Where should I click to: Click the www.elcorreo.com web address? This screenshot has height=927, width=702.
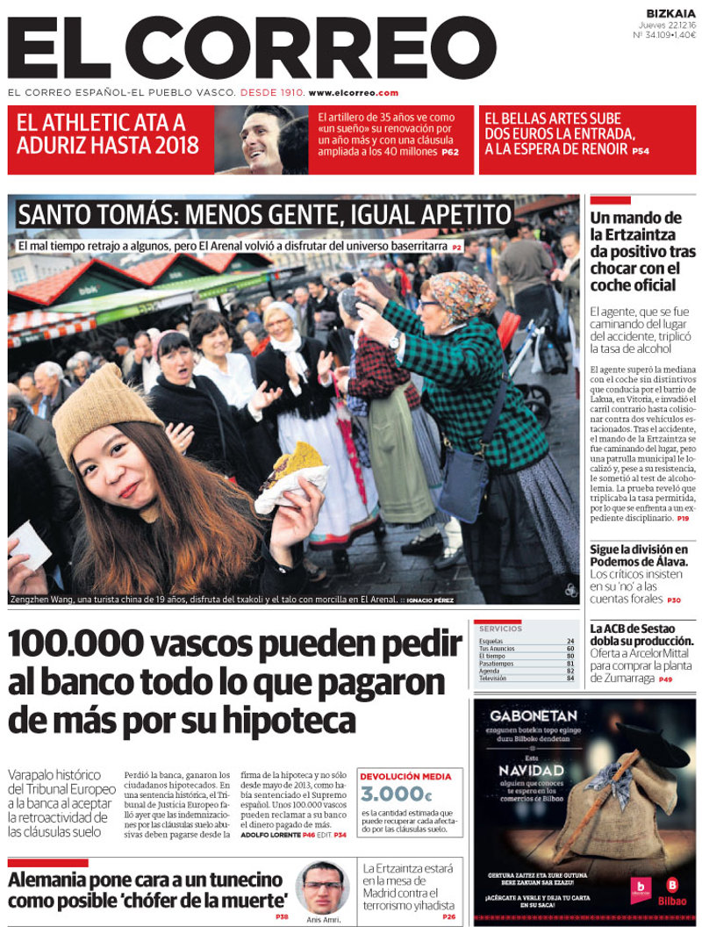click(x=354, y=93)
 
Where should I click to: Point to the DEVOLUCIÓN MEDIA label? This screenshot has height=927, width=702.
click(x=405, y=777)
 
